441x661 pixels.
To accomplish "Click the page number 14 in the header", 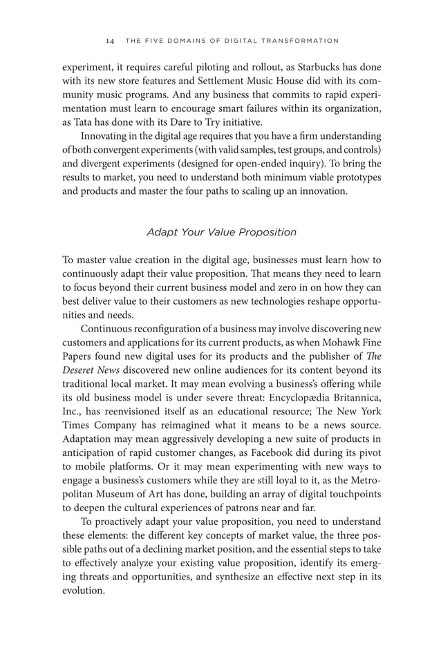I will [x=110, y=41].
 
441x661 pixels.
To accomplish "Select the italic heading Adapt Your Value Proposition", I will [x=221, y=232].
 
